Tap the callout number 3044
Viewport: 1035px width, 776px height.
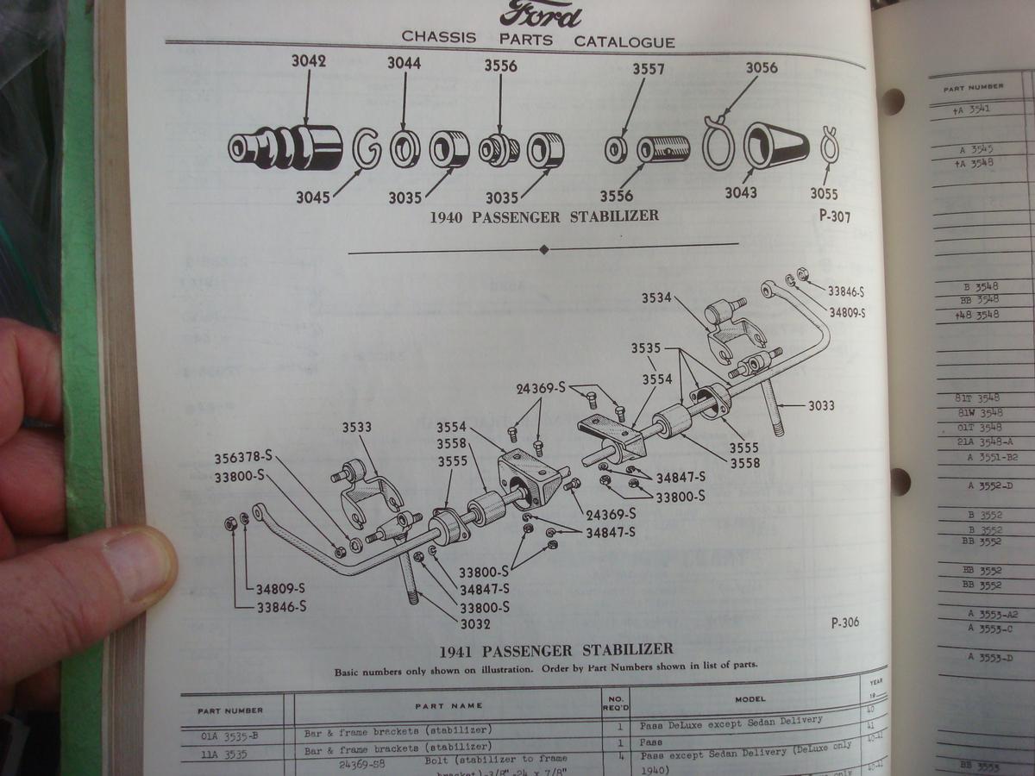pyautogui.click(x=404, y=63)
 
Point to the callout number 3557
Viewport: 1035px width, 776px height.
pyautogui.click(x=648, y=69)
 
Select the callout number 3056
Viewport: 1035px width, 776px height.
pyautogui.click(x=762, y=68)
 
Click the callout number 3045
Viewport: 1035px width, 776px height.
pyautogui.click(x=313, y=197)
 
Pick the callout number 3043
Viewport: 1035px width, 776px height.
pyautogui.click(x=740, y=193)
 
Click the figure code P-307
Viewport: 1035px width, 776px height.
pyautogui.click(x=834, y=216)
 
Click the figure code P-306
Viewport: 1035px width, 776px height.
pyautogui.click(x=845, y=623)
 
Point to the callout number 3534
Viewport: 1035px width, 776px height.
pyautogui.click(x=656, y=298)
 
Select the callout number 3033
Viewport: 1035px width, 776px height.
pyautogui.click(x=821, y=405)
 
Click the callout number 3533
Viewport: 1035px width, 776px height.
pyautogui.click(x=356, y=427)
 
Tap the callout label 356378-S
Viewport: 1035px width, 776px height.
pyautogui.click(x=243, y=458)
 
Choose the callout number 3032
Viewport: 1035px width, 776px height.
pyautogui.click(x=475, y=623)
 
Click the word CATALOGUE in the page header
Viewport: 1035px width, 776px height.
pyautogui.click(x=624, y=41)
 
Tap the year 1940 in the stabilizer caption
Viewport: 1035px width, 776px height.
pyautogui.click(x=448, y=216)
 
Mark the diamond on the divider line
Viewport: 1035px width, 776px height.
pyautogui.click(x=543, y=250)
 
